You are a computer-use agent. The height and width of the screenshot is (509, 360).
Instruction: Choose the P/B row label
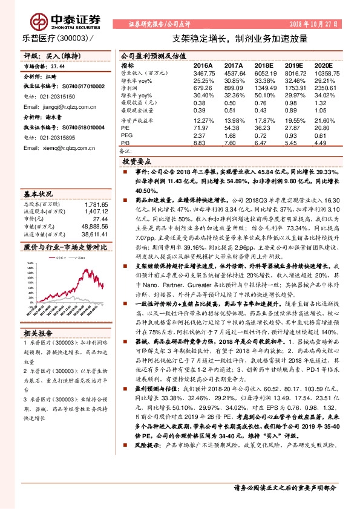point(126,143)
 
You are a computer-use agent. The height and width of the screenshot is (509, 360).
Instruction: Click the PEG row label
point(127,135)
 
